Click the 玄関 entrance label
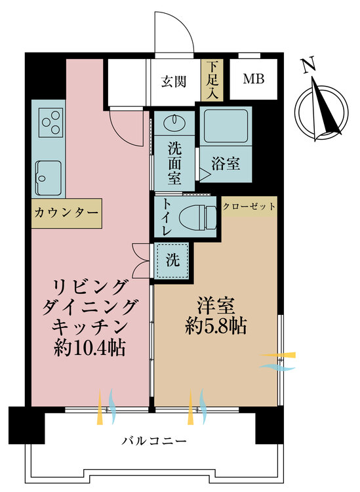point(174,81)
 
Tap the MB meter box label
point(254,79)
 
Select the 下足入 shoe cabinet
point(212,80)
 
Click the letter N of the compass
point(309,65)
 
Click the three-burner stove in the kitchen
point(51,123)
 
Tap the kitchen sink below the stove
point(49,178)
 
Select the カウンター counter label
point(66,213)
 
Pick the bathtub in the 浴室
point(226,126)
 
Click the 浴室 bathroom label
point(226,163)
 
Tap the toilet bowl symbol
point(197,217)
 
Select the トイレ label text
point(166,217)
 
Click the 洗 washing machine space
point(173,260)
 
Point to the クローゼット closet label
point(249,207)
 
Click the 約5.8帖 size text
point(216,327)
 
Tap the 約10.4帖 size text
point(90,348)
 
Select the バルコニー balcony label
point(154,441)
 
